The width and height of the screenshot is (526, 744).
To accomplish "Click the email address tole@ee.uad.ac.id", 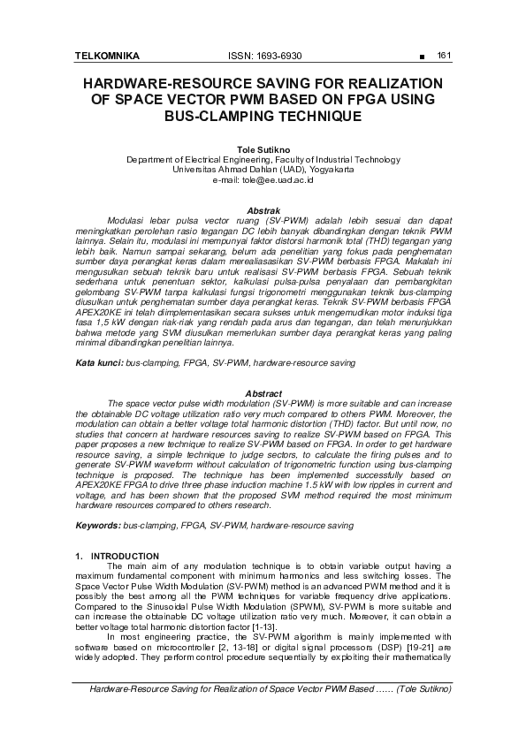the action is (263, 180).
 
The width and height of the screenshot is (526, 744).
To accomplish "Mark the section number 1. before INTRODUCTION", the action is (80, 556).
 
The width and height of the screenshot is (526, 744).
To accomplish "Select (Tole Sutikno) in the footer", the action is (425, 687).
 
